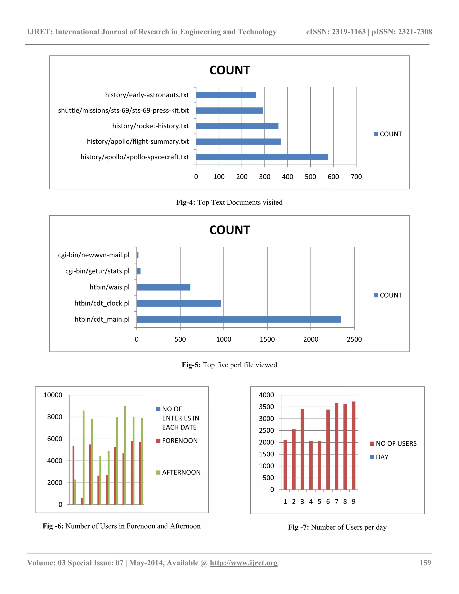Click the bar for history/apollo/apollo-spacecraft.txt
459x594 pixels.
click(x=262, y=157)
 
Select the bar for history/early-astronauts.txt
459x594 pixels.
click(x=226, y=95)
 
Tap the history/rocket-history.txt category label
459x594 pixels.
click(x=150, y=126)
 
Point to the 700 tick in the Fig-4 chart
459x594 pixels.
click(x=356, y=177)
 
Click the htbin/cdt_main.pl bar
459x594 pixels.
click(x=239, y=319)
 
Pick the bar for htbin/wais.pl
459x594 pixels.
click(x=163, y=287)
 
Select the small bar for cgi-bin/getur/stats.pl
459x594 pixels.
click(x=139, y=271)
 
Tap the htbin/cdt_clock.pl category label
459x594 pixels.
click(x=102, y=303)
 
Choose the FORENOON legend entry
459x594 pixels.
click(x=180, y=441)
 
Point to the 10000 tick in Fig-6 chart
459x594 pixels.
click(x=53, y=395)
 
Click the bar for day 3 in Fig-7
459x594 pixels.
click(x=302, y=449)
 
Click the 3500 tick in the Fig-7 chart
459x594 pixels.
click(x=266, y=407)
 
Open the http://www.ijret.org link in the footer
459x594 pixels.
click(x=244, y=563)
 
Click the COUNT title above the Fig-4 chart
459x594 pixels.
click(x=229, y=70)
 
